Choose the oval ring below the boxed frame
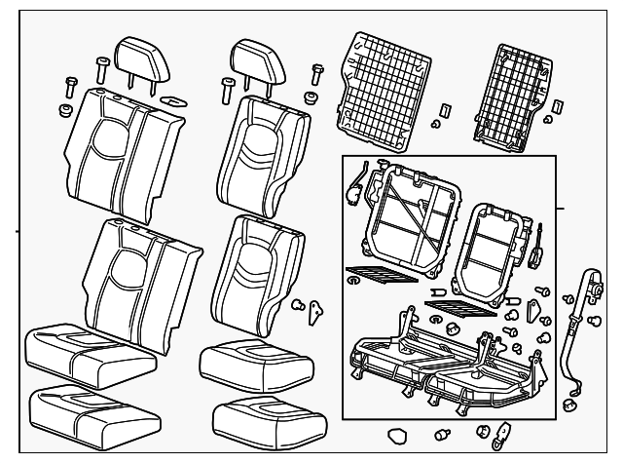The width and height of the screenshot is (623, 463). pyautogui.click(x=397, y=435)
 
